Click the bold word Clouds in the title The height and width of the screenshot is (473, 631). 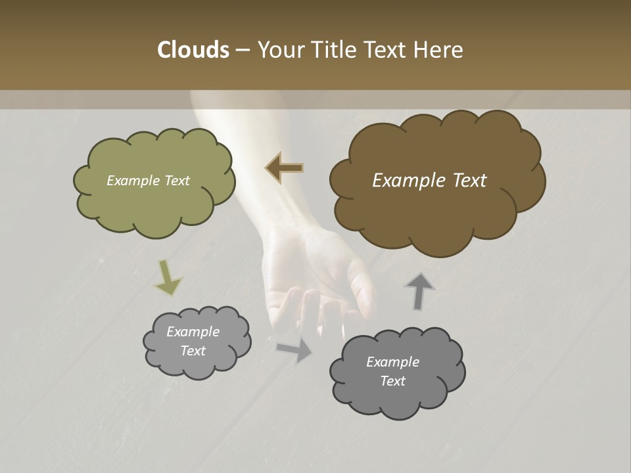point(193,50)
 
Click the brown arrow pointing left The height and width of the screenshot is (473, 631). point(285,168)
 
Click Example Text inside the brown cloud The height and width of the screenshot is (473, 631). point(429,181)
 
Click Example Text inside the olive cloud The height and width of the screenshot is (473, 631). point(148,181)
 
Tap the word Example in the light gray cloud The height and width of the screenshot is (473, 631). point(193,332)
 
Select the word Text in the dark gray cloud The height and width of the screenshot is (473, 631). point(392,381)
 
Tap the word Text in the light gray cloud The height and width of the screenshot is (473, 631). point(193,351)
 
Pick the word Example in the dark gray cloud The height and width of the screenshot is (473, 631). point(392,362)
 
